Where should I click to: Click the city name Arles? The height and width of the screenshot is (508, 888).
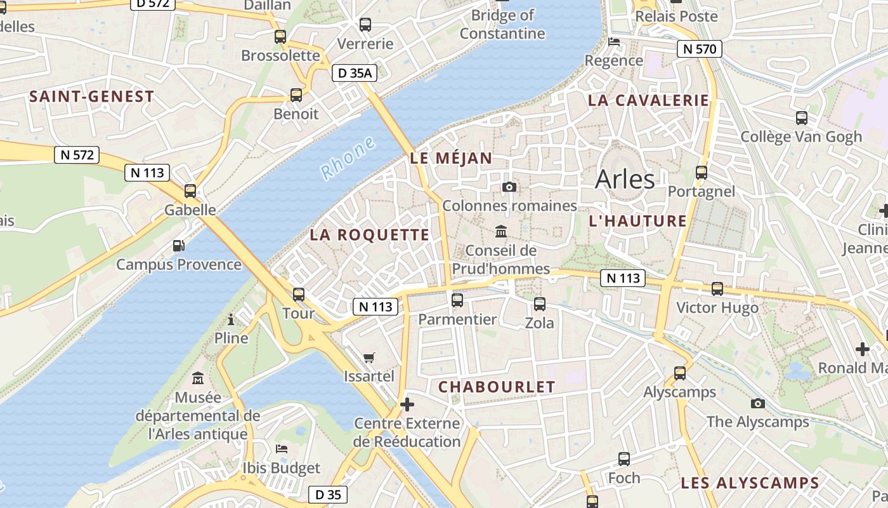click(625, 180)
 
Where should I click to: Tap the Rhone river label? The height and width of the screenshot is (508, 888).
click(348, 159)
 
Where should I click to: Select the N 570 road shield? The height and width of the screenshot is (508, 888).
click(699, 49)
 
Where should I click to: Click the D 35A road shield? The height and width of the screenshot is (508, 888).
click(355, 73)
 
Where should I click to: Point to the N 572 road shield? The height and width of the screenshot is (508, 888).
click(77, 154)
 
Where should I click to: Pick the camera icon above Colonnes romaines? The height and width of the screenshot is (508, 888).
click(509, 187)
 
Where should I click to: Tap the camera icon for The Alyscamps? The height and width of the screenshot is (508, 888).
click(757, 403)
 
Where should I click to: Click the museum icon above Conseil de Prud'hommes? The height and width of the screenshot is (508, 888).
click(501, 231)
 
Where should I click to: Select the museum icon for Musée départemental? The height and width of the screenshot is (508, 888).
click(198, 378)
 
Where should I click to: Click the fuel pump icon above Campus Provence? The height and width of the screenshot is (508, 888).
click(179, 245)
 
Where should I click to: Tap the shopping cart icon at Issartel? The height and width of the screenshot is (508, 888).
click(369, 358)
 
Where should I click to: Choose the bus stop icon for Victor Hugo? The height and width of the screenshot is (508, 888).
click(717, 289)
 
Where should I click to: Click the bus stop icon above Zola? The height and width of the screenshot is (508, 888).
click(539, 304)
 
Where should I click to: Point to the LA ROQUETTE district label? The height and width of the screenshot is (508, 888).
click(370, 235)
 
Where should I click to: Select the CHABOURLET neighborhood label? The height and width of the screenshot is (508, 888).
click(497, 387)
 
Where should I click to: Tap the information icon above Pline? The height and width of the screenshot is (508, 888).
click(231, 319)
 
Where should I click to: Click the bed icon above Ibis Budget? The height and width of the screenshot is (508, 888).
click(282, 449)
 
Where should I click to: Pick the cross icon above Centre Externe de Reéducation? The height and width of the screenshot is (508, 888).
click(407, 404)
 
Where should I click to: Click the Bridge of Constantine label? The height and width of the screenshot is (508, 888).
click(502, 24)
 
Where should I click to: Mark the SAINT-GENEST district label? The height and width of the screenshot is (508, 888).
click(92, 97)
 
